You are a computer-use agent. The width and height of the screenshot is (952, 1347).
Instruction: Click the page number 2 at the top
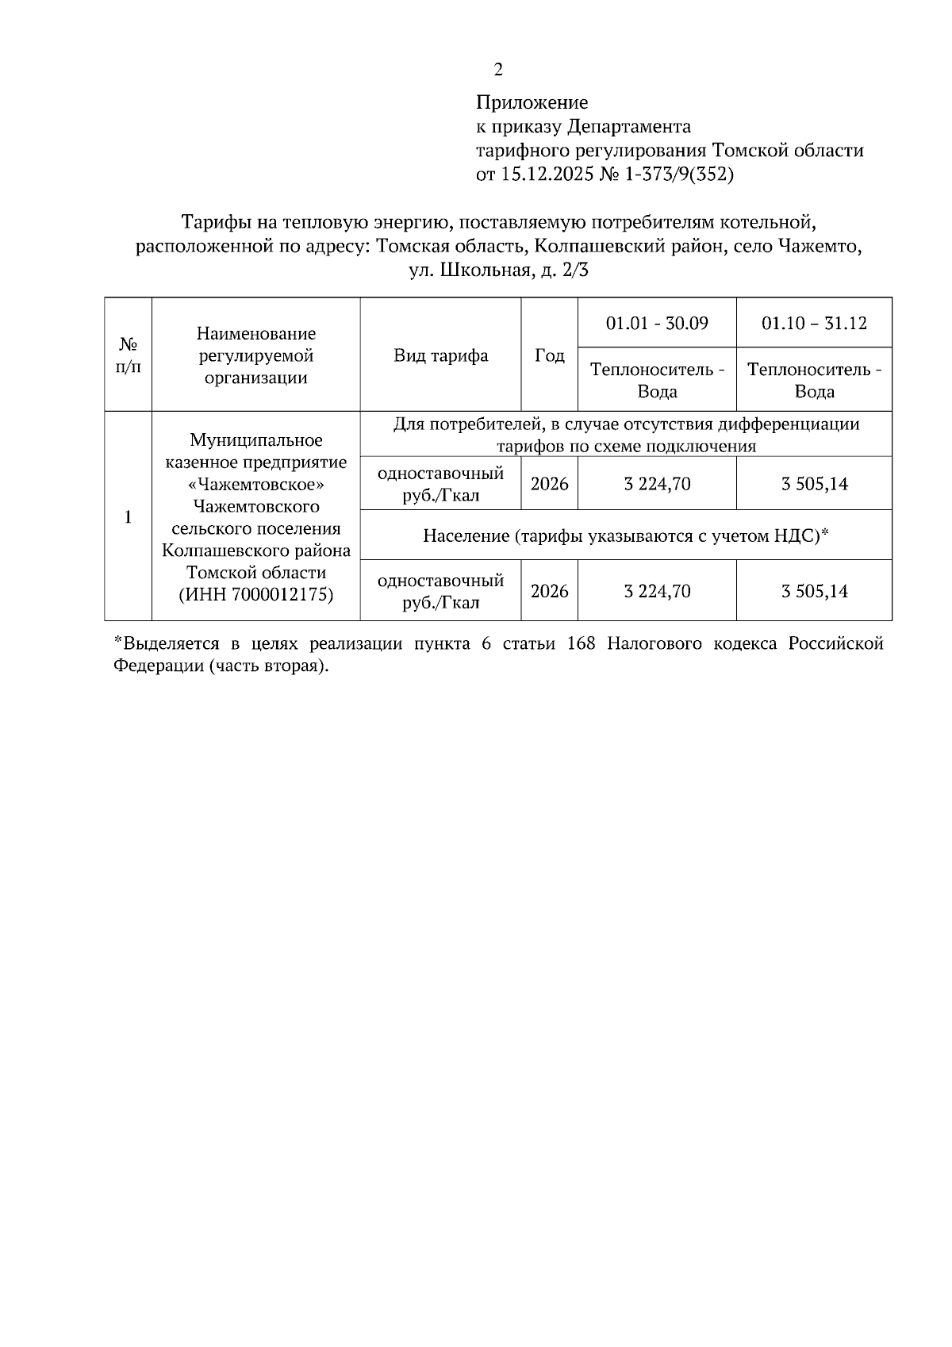click(498, 70)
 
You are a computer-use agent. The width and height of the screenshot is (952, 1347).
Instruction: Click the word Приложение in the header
click(532, 102)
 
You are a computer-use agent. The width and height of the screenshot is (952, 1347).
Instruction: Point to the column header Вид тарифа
click(441, 355)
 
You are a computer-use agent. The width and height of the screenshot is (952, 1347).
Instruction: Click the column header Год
click(550, 355)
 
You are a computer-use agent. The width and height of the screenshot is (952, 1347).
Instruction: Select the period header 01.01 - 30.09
click(657, 323)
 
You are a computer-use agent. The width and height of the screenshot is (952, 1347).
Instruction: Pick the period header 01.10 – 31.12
click(814, 323)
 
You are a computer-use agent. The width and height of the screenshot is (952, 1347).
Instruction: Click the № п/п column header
click(128, 355)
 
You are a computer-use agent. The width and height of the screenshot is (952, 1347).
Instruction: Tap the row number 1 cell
click(128, 516)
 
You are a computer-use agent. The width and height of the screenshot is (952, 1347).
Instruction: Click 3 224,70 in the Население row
click(657, 591)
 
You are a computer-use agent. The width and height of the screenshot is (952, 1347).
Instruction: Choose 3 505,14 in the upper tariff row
click(814, 483)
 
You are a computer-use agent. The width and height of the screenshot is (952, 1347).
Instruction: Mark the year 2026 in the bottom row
click(550, 591)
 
